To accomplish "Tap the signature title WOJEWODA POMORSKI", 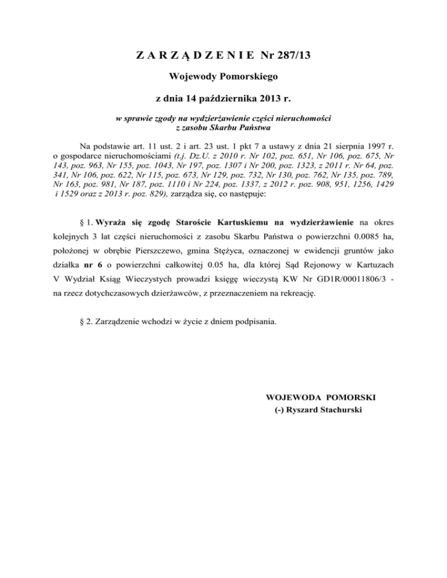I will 320,397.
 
